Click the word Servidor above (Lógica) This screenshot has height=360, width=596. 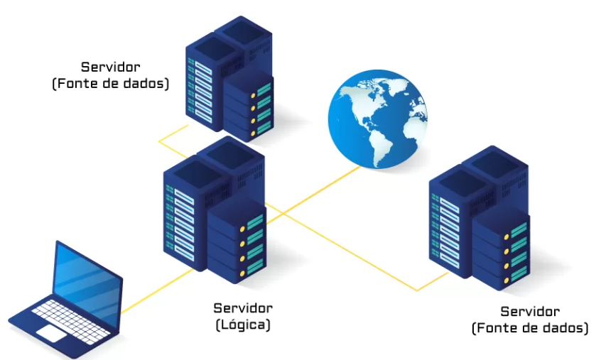(x=242, y=308)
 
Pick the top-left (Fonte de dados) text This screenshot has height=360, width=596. (x=110, y=84)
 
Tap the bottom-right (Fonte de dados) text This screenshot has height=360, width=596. (x=530, y=328)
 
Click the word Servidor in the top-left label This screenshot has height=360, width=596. (x=110, y=67)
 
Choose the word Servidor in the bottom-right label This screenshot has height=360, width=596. (x=530, y=312)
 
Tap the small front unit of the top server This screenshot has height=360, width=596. (x=249, y=107)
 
